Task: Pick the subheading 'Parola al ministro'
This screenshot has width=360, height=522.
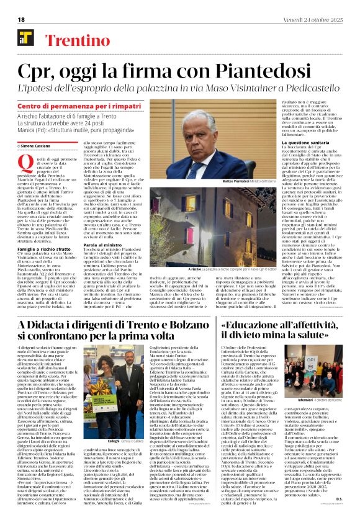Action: [x=116, y=246]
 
